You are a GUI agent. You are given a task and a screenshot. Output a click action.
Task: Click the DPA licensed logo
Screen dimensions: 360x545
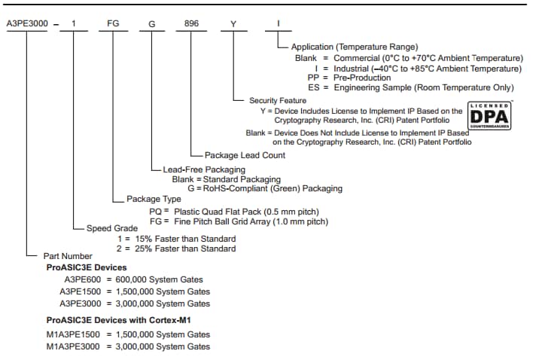(x=490, y=115)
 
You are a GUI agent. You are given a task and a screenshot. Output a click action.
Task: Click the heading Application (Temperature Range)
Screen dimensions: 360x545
(x=354, y=47)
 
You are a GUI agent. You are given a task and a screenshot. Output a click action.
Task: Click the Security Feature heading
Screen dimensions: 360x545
(x=277, y=100)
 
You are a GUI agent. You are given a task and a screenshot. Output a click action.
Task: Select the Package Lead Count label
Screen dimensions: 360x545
(x=245, y=155)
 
